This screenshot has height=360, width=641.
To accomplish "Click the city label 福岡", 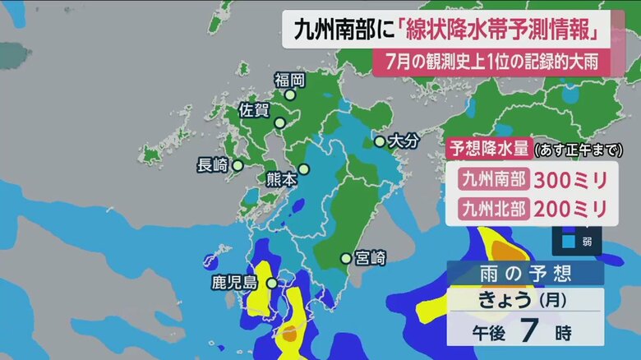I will (290, 80).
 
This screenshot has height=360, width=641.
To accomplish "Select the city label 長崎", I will (212, 164).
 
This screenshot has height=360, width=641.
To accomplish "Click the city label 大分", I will (404, 141).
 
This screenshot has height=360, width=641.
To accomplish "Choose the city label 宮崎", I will (370, 258).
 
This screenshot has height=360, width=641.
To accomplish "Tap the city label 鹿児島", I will (234, 284).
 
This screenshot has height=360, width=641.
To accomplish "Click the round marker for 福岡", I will (289, 95).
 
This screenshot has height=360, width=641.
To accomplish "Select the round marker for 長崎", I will (237, 165).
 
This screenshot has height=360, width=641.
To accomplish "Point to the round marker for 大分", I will (379, 141).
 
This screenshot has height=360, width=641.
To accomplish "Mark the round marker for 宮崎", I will (346, 259).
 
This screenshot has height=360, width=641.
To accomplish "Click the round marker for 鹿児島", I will (271, 284).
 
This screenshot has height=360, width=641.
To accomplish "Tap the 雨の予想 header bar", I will (525, 274).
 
